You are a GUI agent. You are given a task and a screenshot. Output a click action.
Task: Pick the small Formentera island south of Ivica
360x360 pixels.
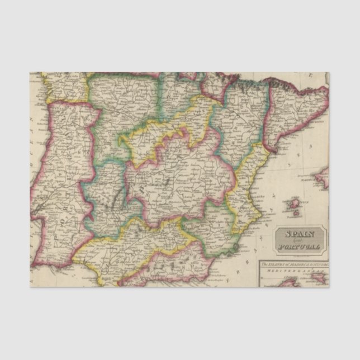point(291,213)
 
